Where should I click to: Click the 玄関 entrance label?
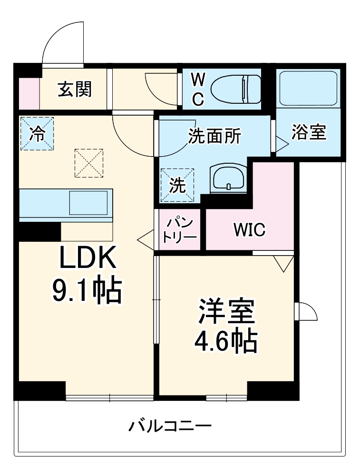click(x=75, y=89)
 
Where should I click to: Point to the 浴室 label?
click(x=309, y=133)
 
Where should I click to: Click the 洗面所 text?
click(x=214, y=137)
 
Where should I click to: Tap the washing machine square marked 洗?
click(x=177, y=185)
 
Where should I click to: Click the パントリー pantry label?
click(x=180, y=229)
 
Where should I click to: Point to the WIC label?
click(x=249, y=230)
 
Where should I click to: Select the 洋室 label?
click(x=227, y=312)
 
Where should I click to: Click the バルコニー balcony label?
click(x=170, y=425)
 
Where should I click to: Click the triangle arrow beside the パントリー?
click(x=145, y=238)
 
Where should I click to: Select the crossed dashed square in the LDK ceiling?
click(x=89, y=163)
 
